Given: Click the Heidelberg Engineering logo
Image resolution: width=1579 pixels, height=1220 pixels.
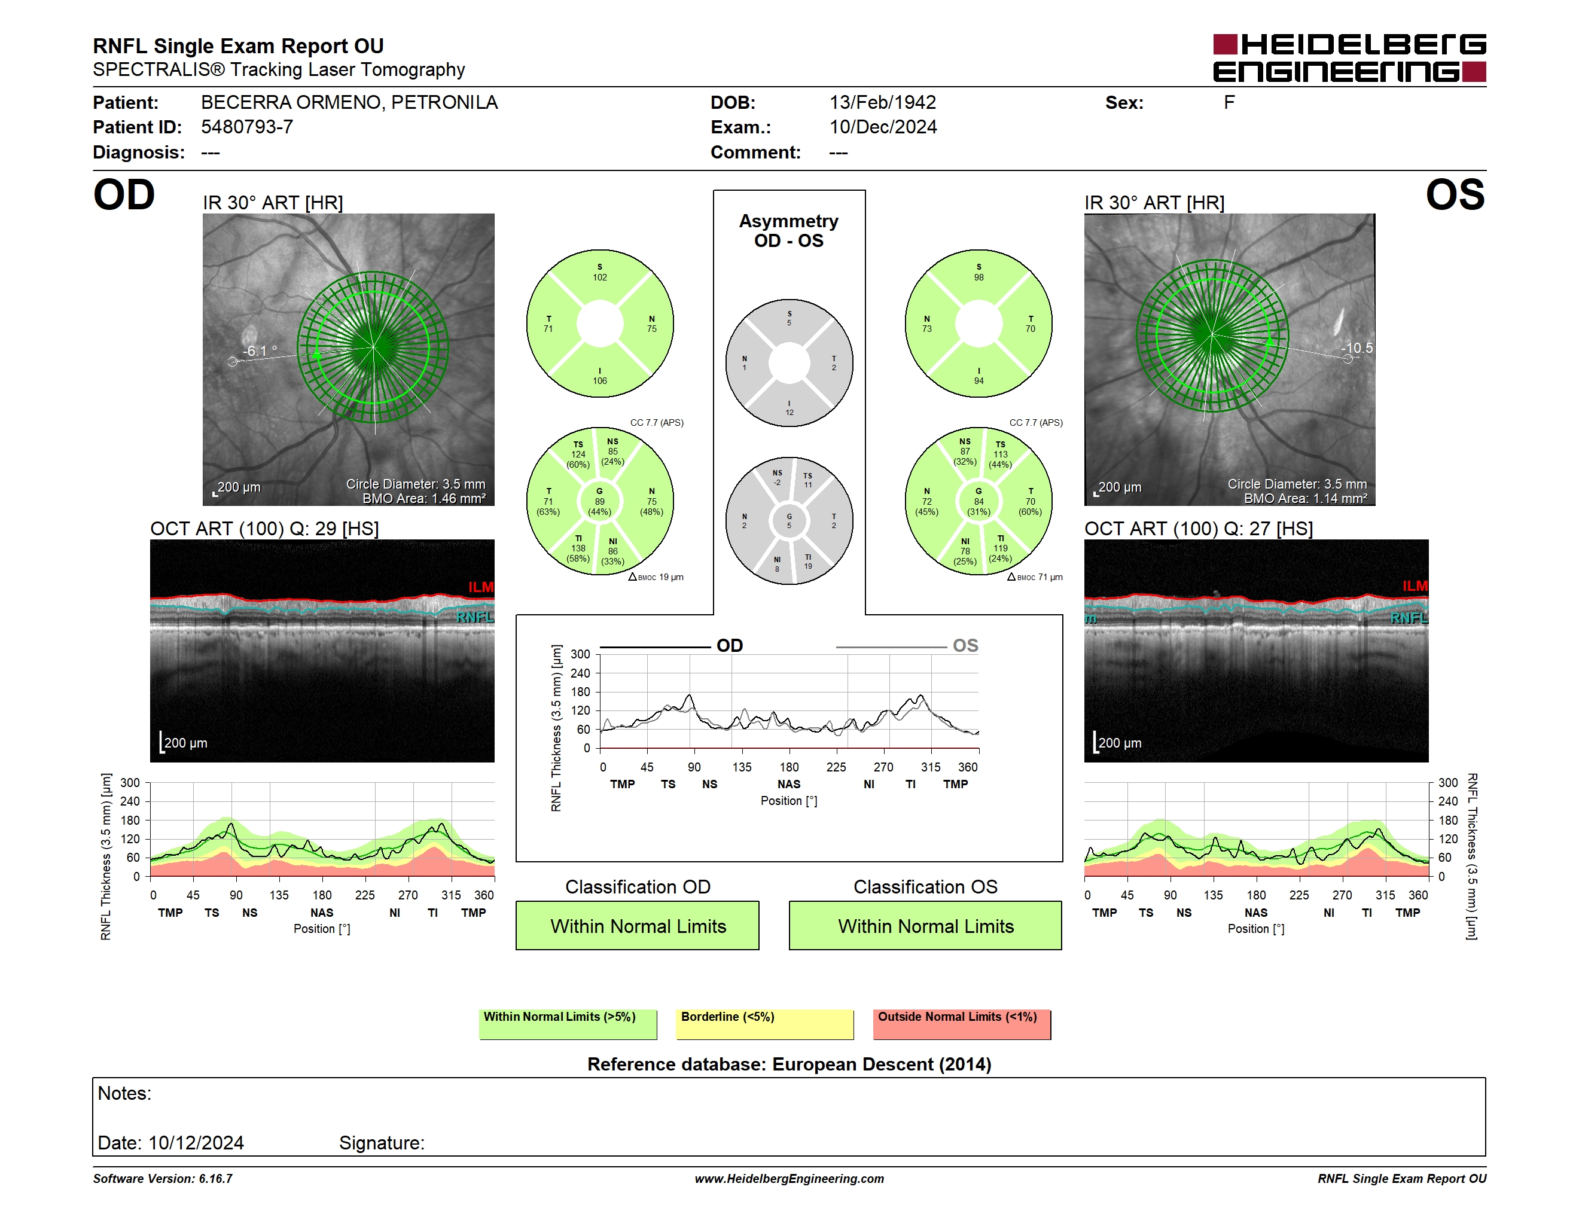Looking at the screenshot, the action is pyautogui.click(x=1349, y=58).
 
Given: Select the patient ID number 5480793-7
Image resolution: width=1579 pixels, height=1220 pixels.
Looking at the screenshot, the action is pyautogui.click(x=246, y=127).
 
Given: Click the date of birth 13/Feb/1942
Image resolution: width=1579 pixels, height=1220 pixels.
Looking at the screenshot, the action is pyautogui.click(x=882, y=103).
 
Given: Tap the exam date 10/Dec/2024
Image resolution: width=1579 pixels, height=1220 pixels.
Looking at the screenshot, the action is pyautogui.click(x=883, y=127).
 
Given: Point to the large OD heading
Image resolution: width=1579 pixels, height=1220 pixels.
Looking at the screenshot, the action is pyautogui.click(x=124, y=195).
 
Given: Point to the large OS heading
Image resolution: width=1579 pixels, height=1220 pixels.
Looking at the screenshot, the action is pyautogui.click(x=1455, y=195).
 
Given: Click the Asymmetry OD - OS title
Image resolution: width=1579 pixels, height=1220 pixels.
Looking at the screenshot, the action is pyautogui.click(x=789, y=231).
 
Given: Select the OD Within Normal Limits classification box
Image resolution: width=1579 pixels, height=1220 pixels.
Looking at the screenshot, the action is pyautogui.click(x=637, y=925).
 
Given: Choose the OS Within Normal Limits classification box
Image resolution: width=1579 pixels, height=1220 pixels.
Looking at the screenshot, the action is pyautogui.click(x=925, y=925).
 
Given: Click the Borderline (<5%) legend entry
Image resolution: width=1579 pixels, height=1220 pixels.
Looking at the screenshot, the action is pyautogui.click(x=765, y=1024).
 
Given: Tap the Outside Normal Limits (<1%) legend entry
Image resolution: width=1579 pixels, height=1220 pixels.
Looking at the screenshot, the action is pyautogui.click(x=962, y=1024).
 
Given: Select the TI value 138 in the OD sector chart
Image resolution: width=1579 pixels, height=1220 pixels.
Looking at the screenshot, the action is pyautogui.click(x=578, y=548).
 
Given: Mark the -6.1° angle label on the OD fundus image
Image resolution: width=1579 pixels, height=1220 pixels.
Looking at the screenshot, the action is pyautogui.click(x=260, y=350).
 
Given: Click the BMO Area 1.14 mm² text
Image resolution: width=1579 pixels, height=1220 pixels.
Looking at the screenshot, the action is pyautogui.click(x=1305, y=499).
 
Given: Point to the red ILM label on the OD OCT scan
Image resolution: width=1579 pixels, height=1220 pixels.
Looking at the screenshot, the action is pyautogui.click(x=481, y=587).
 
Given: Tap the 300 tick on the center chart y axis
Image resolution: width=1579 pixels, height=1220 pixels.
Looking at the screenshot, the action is pyautogui.click(x=581, y=655).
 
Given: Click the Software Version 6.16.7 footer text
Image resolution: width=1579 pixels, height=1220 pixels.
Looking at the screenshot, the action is pyautogui.click(x=163, y=1179).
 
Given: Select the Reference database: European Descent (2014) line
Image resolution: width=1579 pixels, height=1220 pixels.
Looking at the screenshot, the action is pyautogui.click(x=789, y=1065).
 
